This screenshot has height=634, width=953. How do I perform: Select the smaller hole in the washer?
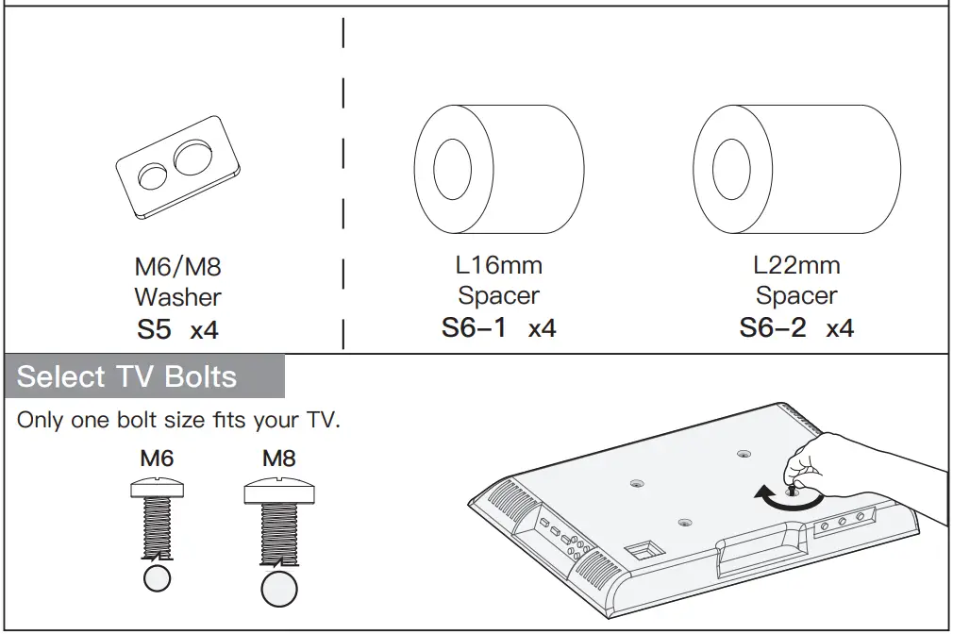pyautogui.click(x=152, y=176)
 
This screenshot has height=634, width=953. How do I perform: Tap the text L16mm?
pyautogui.click(x=498, y=265)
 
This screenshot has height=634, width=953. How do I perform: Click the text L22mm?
pyautogui.click(x=796, y=265)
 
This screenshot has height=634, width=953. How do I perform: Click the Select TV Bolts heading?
pyautogui.click(x=126, y=376)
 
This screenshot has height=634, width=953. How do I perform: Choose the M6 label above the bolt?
pyautogui.click(x=157, y=459)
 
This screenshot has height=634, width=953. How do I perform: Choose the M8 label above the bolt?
pyautogui.click(x=278, y=459)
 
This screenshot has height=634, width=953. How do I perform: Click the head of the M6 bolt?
pyautogui.click(x=158, y=488)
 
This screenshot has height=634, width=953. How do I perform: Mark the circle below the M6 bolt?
pyautogui.click(x=158, y=577)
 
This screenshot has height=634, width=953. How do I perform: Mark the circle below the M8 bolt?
pyautogui.click(x=278, y=589)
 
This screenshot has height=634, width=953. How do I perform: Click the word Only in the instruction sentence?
pyautogui.click(x=40, y=420)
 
